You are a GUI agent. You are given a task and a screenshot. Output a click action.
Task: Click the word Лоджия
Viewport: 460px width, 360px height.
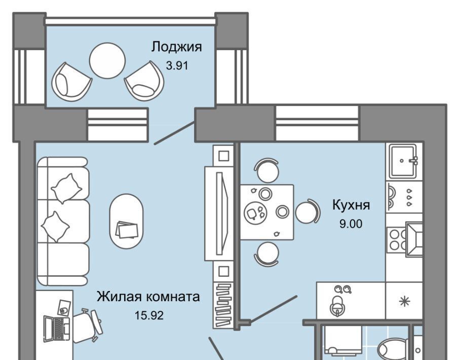pos(177,47)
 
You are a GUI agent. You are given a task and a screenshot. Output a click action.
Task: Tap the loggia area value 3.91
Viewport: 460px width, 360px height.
pos(177,65)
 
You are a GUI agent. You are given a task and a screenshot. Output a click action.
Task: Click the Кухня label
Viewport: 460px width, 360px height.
pos(351,205)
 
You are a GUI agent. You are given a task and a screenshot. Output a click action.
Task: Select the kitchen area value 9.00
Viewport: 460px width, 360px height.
pos(351,224)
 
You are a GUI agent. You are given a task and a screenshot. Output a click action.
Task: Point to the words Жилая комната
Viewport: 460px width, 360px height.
pos(148,297)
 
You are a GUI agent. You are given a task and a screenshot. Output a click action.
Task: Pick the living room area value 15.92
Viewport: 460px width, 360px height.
pos(149,316)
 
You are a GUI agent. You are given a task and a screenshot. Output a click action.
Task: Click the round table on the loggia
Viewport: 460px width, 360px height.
pos(107,61)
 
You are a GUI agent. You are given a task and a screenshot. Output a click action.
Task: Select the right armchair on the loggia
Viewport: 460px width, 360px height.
pos(144,81)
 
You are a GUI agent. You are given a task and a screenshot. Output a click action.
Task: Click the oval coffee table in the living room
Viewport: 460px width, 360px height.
pos(127,221)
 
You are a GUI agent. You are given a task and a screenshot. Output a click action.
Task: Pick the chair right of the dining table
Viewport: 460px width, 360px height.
pos(308,211)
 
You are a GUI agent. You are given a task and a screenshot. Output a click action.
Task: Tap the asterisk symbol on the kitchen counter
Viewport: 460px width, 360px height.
pos(404,302)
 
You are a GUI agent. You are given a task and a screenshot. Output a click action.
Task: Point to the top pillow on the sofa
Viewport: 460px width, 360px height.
pos(66,188)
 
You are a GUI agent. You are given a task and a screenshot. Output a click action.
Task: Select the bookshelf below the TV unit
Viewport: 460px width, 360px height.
pos(223,305)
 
